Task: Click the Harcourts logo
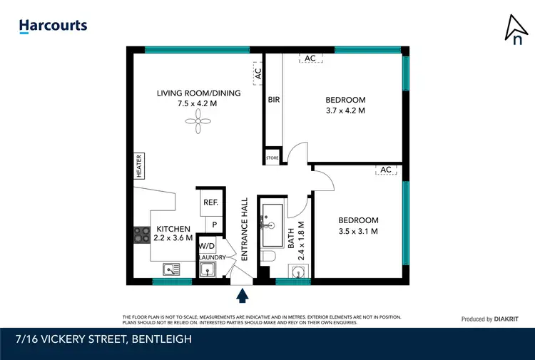point(53,26)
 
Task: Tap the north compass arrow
point(515,29)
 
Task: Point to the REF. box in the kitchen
point(210,202)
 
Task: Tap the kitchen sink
point(170,269)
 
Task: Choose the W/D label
point(207,245)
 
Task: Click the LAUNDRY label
point(212,257)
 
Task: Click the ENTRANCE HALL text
point(244,228)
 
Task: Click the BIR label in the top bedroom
point(274,101)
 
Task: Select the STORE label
point(272,158)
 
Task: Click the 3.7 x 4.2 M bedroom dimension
point(345,110)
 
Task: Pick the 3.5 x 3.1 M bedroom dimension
point(358,231)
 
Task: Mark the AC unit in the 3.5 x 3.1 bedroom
point(386,170)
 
